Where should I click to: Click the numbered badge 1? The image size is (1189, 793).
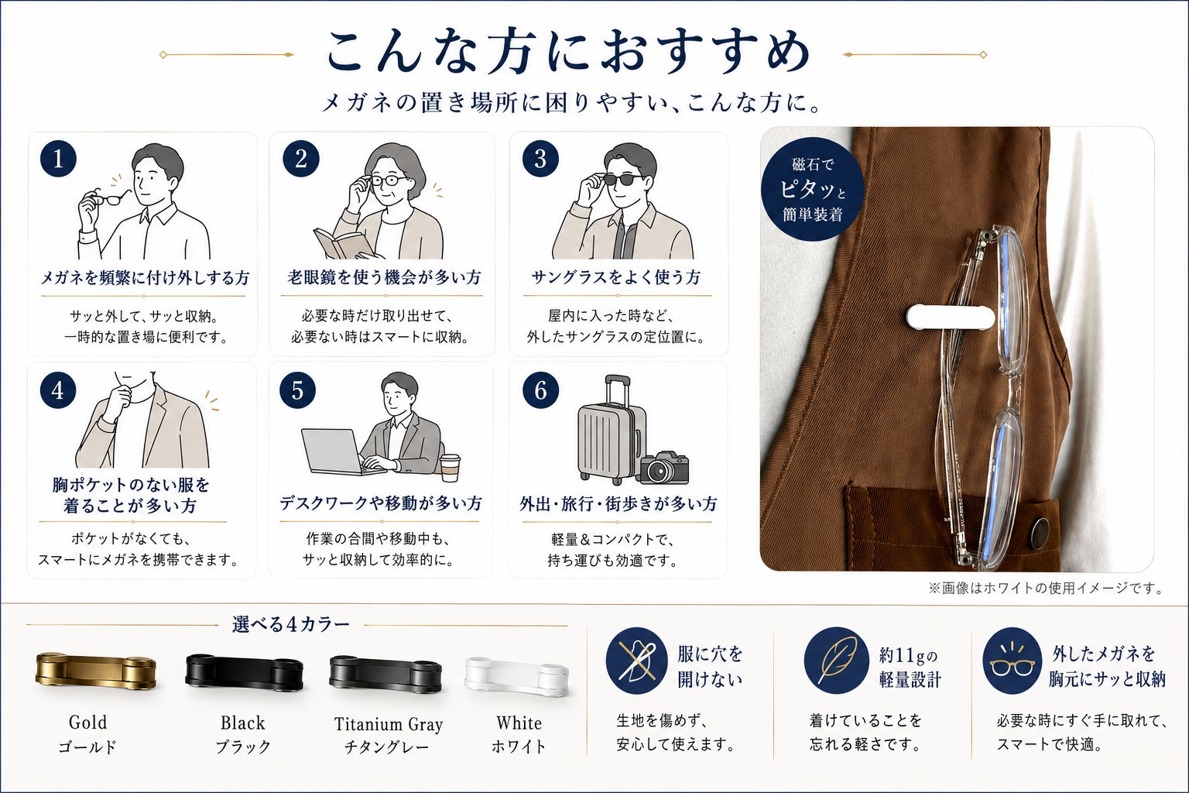(x=58, y=158)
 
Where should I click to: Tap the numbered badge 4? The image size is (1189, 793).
(x=58, y=390)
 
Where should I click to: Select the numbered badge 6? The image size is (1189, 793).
(x=540, y=390)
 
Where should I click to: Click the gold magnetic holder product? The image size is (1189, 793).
(x=96, y=671)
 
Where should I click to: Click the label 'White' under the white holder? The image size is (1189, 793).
(x=519, y=723)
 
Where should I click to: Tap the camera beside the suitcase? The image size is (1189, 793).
(x=664, y=468)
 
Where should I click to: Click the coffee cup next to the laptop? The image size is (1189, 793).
(x=450, y=468)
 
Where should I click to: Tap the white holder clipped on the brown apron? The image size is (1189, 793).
(x=951, y=317)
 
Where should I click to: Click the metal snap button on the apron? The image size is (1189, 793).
(x=1039, y=533)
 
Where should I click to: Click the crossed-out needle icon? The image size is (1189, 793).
(x=637, y=661)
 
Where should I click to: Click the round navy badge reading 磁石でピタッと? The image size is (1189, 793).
(x=812, y=190)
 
